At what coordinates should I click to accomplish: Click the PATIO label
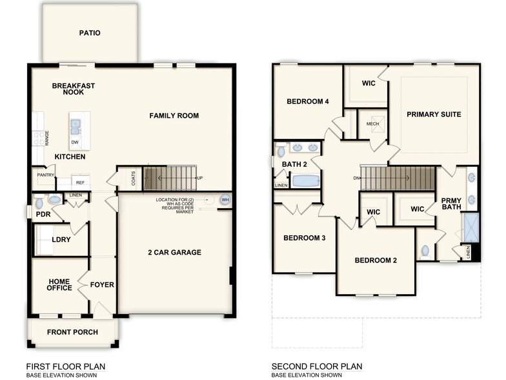[90, 33]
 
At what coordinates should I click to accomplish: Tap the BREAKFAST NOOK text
[74, 89]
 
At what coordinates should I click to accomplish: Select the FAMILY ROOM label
[174, 116]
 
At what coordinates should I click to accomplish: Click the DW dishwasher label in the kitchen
[76, 142]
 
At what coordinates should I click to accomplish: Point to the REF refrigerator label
[81, 183]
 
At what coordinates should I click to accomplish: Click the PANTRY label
[45, 175]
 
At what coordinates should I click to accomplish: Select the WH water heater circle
[225, 200]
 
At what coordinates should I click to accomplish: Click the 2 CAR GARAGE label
[174, 252]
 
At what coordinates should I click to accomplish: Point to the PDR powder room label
[43, 214]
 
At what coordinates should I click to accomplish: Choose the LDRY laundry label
[61, 240]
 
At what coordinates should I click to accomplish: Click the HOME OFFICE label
[59, 285]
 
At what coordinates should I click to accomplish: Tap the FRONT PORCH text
[72, 332]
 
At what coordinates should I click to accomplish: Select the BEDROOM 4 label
[308, 101]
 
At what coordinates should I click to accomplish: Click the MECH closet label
[372, 124]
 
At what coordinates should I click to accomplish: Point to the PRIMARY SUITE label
[434, 114]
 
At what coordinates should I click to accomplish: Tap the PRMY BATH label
[450, 204]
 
